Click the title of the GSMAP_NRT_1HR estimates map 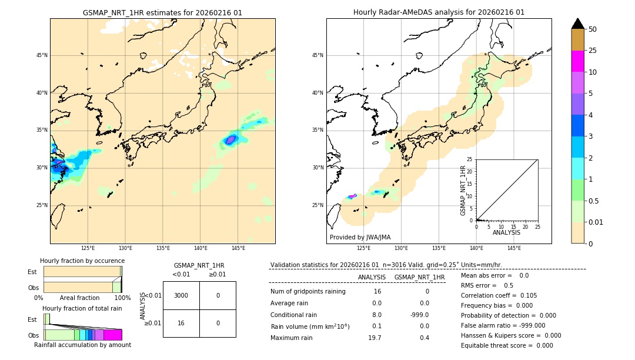[162, 12]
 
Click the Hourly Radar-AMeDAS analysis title [439, 12]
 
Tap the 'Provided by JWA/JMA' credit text [360, 237]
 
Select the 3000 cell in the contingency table [181, 295]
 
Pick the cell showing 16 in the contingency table [181, 323]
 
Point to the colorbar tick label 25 [593, 51]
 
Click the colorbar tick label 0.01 [596, 222]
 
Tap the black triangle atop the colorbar [578, 24]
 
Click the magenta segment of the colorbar [578, 61]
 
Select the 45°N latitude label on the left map [42, 55]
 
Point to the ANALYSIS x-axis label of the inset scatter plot [506, 233]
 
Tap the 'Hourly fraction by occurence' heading [82, 261]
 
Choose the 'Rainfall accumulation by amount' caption [82, 345]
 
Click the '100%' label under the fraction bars [122, 298]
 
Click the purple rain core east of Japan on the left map [230, 139]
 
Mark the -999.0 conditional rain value [419, 315]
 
